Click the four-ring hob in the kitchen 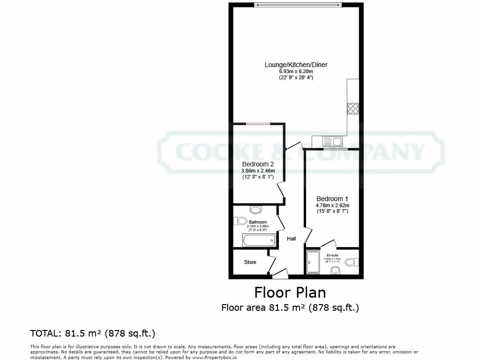pyautogui.click(x=353, y=109)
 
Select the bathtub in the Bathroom pyautogui.click(x=259, y=240)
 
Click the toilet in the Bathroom pyautogui.click(x=240, y=221)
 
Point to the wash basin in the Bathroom pyautogui.click(x=256, y=209)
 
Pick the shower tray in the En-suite pyautogui.click(x=312, y=262)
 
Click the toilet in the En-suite pyautogui.click(x=351, y=262)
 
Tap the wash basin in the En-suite pyautogui.click(x=335, y=270)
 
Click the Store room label pyautogui.click(x=250, y=262)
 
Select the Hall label pyautogui.click(x=292, y=239)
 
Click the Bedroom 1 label pyautogui.click(x=332, y=199)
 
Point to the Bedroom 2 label pyautogui.click(x=258, y=164)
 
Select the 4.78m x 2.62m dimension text pyautogui.click(x=332, y=205)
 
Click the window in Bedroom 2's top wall pyautogui.click(x=258, y=124)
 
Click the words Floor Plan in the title pyautogui.click(x=290, y=292)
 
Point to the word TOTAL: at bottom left pyautogui.click(x=45, y=334)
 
